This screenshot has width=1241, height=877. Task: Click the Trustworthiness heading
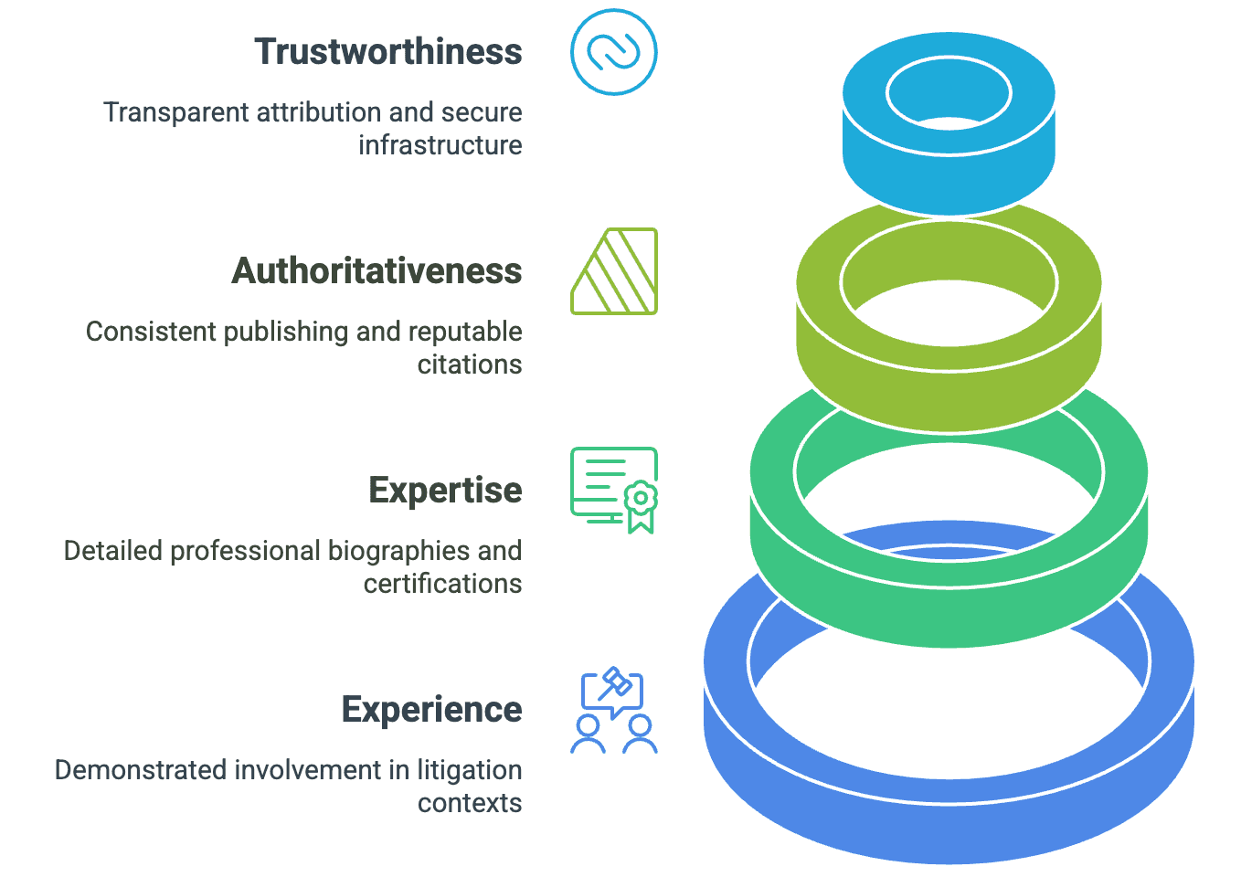[x=388, y=52]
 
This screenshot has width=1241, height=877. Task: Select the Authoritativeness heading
[x=377, y=271]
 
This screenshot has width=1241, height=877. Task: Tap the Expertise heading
[x=445, y=491]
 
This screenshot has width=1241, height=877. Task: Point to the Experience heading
[x=431, y=710]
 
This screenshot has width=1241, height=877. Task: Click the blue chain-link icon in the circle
[x=613, y=52]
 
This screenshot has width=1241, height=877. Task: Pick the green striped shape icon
[x=614, y=271]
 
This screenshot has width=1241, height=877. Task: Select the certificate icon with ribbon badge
[x=614, y=491]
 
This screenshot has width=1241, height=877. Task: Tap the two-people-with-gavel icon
[x=614, y=712]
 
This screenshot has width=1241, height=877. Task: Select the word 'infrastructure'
[x=440, y=145]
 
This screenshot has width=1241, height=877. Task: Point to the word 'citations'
[x=470, y=365]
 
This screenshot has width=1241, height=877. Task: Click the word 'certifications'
[x=442, y=584]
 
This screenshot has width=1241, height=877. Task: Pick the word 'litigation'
[x=469, y=770]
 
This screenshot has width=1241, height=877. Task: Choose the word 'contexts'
[x=470, y=803]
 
